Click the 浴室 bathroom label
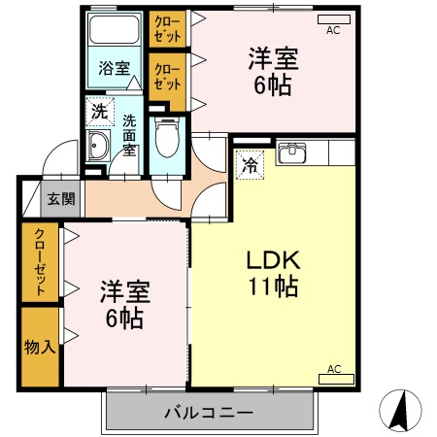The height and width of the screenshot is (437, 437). click(114, 68)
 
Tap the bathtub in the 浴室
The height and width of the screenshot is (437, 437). click(116, 30)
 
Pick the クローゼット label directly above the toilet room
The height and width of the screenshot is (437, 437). click(167, 76)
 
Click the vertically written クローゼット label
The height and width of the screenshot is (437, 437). click(40, 262)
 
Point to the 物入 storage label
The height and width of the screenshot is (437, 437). click(39, 346)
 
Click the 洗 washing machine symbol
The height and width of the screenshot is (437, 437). click(99, 112)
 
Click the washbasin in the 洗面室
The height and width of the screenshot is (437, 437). click(99, 149)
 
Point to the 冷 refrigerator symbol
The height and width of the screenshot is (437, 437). click(249, 165)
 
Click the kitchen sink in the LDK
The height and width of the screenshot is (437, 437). click(293, 153)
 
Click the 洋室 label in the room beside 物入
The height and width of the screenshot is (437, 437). click(122, 290)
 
